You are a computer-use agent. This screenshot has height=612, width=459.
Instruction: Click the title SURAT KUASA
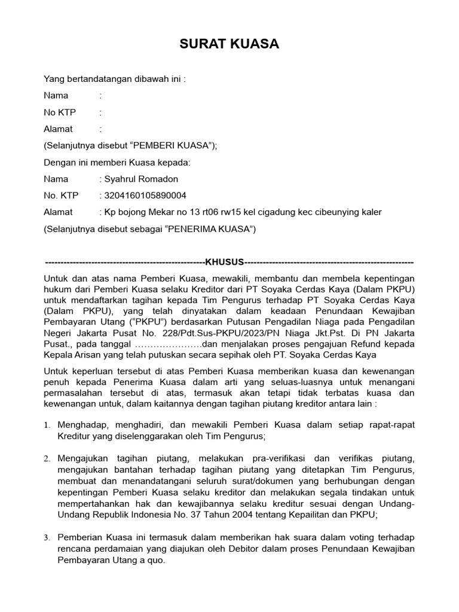click(229, 45)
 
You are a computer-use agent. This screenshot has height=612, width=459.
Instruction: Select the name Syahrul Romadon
click(141, 179)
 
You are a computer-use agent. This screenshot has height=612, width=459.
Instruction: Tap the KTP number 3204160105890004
click(145, 195)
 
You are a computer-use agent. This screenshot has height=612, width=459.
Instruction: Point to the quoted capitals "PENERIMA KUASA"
click(210, 229)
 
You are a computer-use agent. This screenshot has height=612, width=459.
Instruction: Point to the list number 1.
click(47, 425)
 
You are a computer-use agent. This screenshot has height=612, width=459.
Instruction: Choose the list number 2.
click(47, 458)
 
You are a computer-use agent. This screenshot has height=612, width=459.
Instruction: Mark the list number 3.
click(47, 538)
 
